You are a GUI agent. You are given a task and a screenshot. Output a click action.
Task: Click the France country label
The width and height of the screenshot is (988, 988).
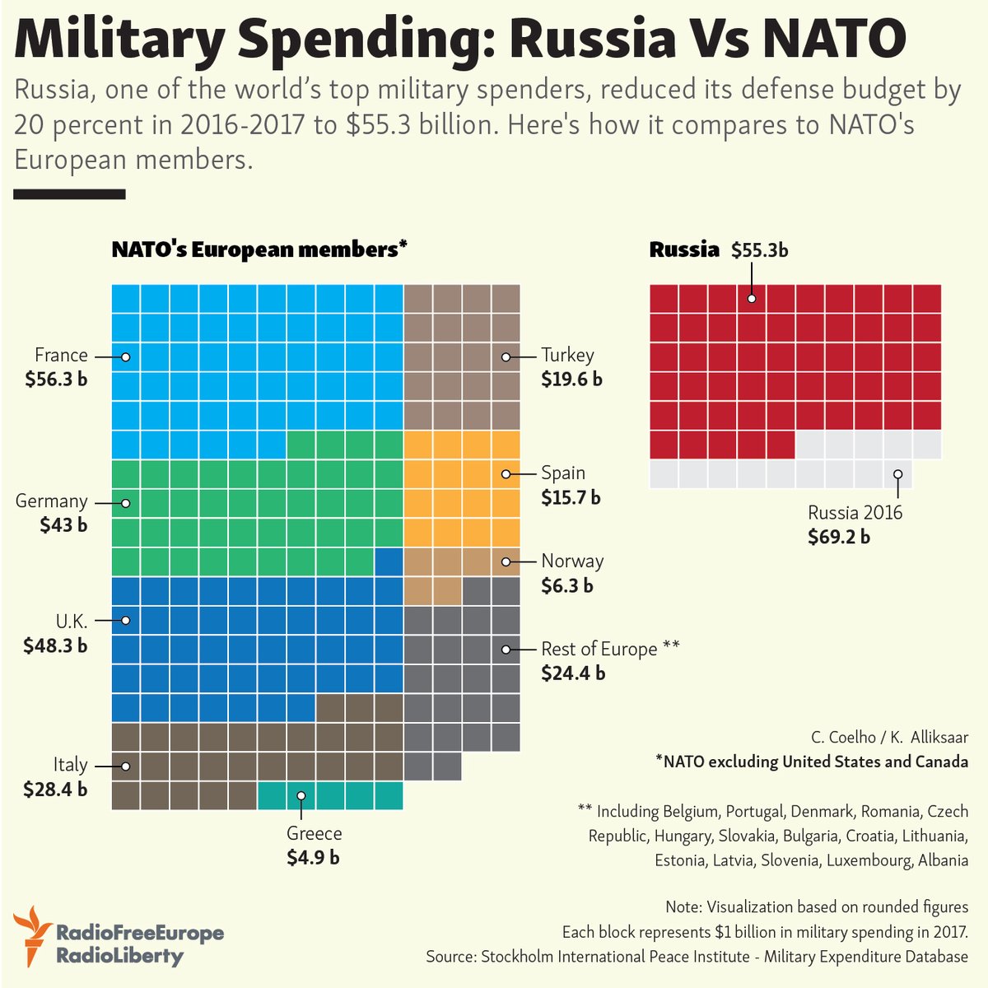(61, 356)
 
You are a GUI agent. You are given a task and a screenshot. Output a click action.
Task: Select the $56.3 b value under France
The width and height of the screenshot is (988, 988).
(56, 380)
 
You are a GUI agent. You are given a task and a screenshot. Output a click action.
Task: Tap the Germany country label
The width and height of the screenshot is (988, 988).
(51, 501)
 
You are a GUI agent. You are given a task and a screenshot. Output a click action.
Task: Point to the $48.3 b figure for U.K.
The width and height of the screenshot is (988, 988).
(56, 645)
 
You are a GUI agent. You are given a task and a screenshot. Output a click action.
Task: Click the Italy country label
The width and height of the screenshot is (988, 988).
(70, 765)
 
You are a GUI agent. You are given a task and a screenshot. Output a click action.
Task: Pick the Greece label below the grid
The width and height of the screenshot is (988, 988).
(314, 833)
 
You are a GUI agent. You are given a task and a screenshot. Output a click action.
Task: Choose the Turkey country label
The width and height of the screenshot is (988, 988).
(567, 356)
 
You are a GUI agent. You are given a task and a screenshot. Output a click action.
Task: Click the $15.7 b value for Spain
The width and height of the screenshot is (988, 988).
(571, 498)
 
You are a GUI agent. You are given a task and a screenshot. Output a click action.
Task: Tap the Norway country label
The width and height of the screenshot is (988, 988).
(572, 562)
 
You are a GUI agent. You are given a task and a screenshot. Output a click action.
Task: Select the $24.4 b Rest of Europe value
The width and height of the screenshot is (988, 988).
(573, 673)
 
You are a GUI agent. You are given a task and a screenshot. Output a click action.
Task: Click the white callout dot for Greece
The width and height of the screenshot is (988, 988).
(301, 795)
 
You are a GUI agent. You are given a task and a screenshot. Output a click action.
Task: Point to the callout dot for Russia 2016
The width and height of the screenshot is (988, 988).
(897, 474)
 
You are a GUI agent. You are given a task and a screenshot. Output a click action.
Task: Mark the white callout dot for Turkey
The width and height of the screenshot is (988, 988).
(506, 357)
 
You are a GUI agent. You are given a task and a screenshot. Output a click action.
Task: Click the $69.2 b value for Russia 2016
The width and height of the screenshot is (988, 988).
(839, 537)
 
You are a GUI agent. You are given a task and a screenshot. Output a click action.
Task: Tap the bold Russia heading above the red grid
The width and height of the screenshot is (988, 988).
(684, 249)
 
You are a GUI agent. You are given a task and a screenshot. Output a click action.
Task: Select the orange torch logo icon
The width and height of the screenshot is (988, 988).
(32, 934)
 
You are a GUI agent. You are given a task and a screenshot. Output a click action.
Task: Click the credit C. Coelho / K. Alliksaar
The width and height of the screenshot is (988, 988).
(889, 737)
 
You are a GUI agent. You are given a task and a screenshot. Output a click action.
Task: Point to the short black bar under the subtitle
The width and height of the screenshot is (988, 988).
(69, 194)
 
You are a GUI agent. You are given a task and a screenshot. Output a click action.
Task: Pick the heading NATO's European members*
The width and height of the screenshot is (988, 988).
(259, 249)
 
